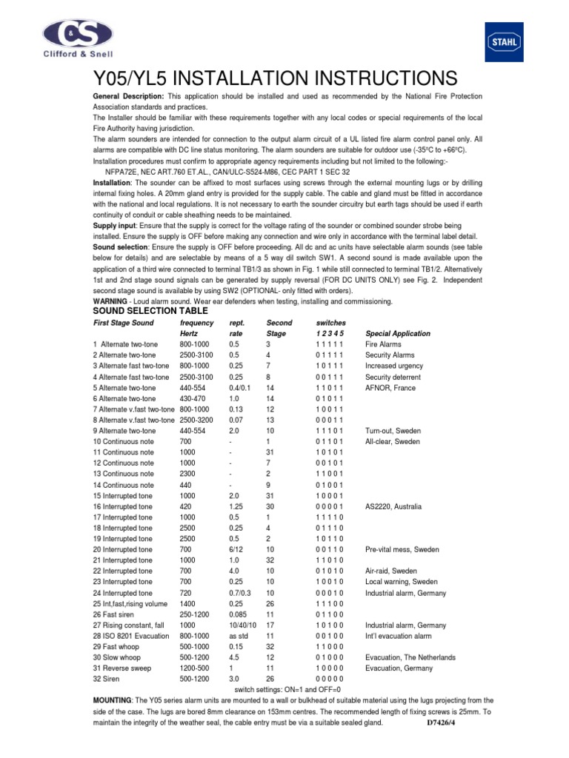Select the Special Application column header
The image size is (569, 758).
click(398, 334)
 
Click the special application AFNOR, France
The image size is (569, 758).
click(390, 388)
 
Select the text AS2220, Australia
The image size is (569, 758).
click(393, 506)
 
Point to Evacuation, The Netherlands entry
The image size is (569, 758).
click(410, 657)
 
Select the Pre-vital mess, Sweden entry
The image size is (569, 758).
click(402, 549)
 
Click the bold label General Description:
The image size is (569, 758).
click(128, 98)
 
